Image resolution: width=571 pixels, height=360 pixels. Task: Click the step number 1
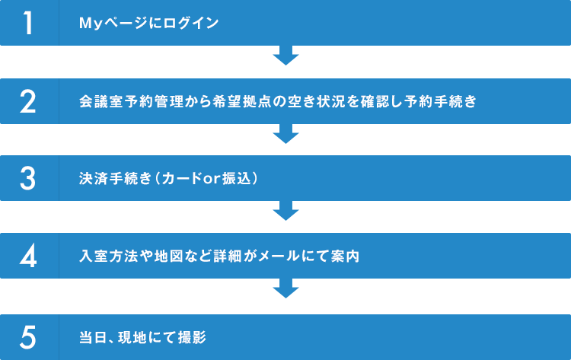[x=29, y=23]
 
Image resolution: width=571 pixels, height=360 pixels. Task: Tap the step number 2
[x=29, y=100]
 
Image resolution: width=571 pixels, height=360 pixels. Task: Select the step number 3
[x=29, y=178]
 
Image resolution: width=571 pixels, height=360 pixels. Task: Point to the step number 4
[x=29, y=256]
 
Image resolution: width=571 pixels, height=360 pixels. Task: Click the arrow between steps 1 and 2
[x=285, y=56]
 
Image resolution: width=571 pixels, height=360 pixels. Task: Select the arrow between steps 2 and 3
[x=285, y=133]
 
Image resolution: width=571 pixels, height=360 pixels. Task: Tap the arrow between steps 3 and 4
[x=285, y=211]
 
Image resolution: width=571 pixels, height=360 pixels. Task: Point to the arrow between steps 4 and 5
[x=285, y=288]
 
